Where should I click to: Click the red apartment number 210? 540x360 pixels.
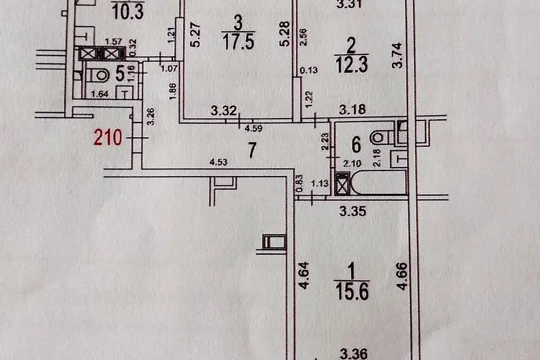pos(108,137)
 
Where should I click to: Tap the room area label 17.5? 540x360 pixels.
pos(238,42)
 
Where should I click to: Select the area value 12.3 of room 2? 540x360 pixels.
pos(352,65)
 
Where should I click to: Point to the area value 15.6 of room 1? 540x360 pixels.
pos(352,291)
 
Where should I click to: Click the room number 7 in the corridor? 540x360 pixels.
pos(252,150)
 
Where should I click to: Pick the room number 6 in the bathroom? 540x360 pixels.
pos(356,145)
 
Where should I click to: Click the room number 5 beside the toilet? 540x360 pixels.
pos(119,73)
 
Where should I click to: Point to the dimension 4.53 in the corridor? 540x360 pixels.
pos(218,161)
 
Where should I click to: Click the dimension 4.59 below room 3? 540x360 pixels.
pos(254,128)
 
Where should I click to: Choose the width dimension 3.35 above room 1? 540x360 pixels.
pos(352,211)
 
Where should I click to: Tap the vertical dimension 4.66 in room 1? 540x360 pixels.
pos(402,276)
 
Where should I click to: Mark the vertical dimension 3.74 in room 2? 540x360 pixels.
pos(397,56)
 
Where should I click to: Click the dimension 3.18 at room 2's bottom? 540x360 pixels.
pos(352,110)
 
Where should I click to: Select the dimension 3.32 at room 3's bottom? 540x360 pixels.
pos(224,111)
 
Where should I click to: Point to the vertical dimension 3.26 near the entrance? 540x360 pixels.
pos(151,116)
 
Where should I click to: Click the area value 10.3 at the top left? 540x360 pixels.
pos(128,13)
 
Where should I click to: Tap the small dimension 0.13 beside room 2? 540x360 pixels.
pos(309,70)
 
